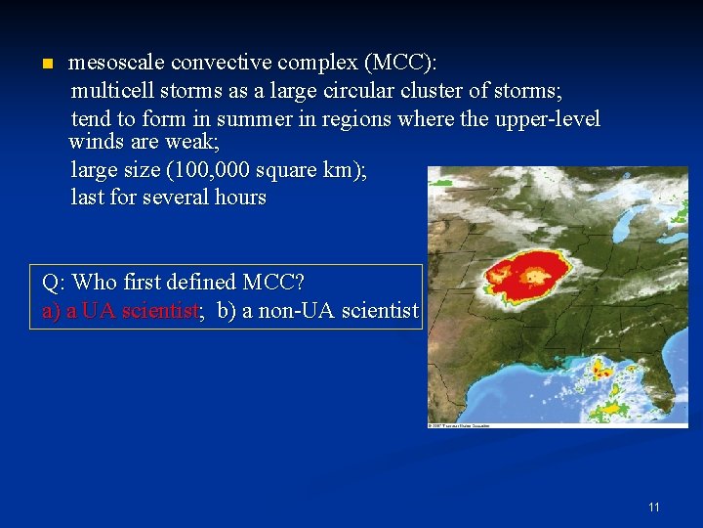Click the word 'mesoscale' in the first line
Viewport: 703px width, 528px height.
115,64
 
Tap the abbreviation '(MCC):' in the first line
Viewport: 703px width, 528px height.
400,64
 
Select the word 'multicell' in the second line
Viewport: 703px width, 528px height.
111,92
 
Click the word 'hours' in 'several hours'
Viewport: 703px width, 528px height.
239,198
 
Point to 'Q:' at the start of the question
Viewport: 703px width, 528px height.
55,283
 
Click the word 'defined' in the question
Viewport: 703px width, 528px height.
199,283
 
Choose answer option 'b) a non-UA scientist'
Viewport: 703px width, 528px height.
317,311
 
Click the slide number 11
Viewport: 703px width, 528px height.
653,507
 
